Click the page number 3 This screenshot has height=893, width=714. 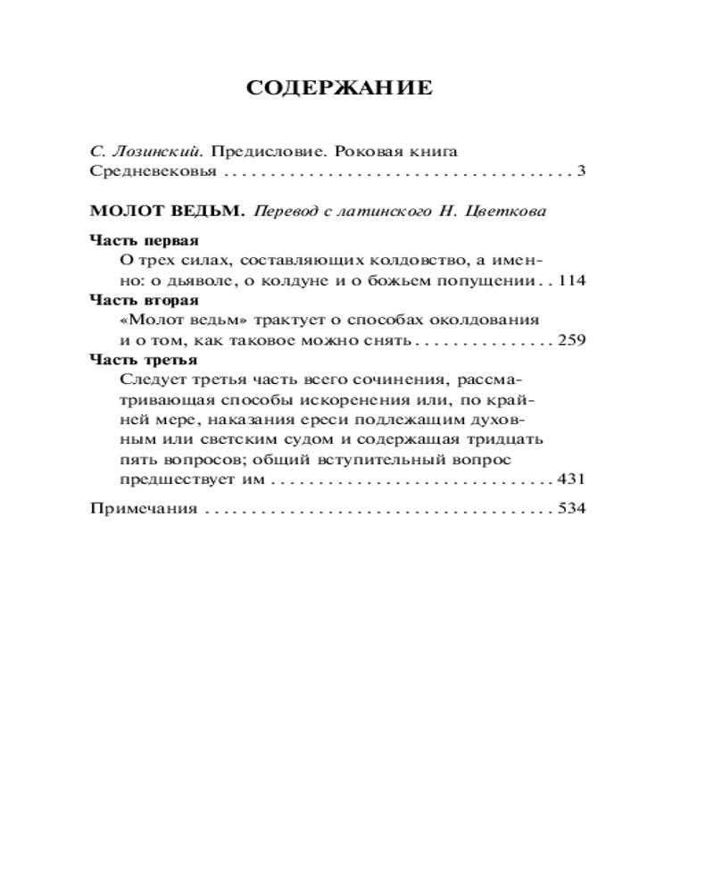point(580,170)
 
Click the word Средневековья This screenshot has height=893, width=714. point(142,170)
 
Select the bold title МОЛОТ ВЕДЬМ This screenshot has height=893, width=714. point(167,213)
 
